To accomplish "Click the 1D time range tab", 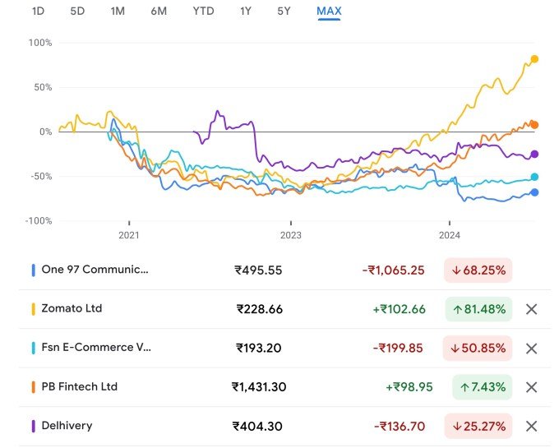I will [38, 12].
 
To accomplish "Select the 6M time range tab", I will [159, 12].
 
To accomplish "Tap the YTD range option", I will [203, 12].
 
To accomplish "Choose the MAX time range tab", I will [329, 12].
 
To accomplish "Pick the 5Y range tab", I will [284, 12].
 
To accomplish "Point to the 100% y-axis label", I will [39, 43].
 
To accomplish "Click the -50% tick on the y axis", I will [39, 177].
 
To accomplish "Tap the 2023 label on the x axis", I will [290, 234].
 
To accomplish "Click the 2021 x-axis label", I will [129, 234].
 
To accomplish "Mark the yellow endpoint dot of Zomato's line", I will [534, 59].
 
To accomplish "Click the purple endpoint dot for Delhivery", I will [534, 154].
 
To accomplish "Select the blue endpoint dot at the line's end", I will [534, 192].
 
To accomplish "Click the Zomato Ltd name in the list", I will [72, 309].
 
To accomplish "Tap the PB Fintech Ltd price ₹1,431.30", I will [259, 387].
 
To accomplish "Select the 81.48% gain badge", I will [478, 309].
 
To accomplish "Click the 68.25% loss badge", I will [478, 270].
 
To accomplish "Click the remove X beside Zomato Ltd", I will [531, 309].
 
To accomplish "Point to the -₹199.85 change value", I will [399, 348].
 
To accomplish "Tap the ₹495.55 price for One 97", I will [259, 270].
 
